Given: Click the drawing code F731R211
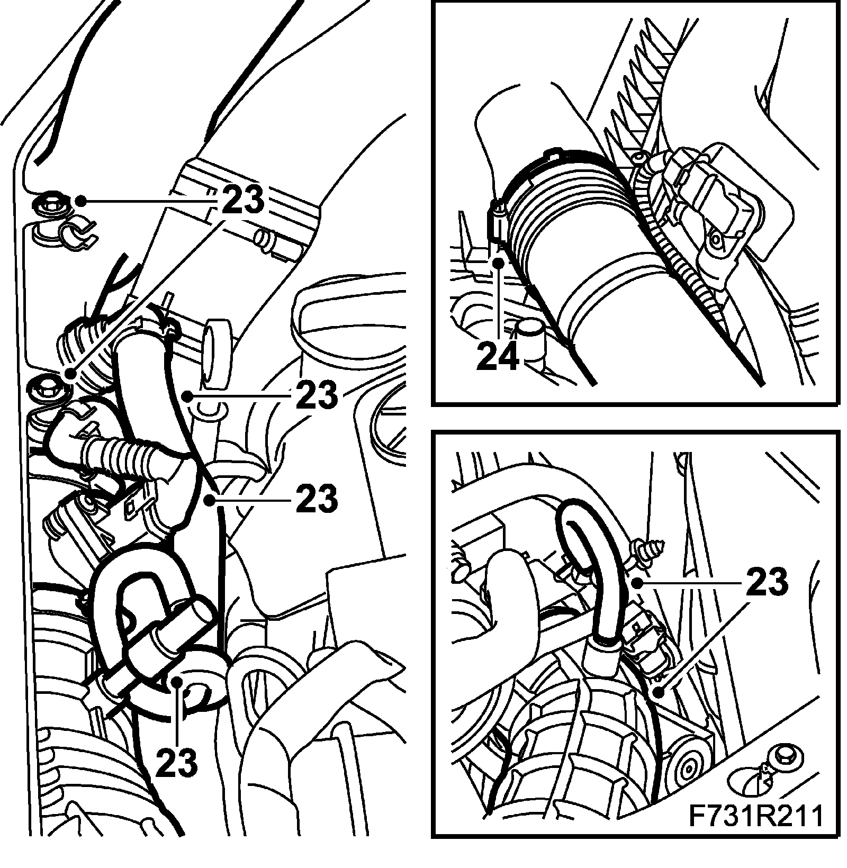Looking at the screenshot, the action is [755, 830].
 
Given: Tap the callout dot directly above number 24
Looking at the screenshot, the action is [498, 261].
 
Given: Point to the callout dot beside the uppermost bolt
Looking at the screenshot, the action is [80, 201].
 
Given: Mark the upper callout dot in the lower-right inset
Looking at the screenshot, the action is [638, 583].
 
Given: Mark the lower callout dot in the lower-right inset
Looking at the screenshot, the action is [658, 691].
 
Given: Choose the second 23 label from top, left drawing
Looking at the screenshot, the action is [317, 395].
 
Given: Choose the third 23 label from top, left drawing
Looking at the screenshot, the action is [317, 498].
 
